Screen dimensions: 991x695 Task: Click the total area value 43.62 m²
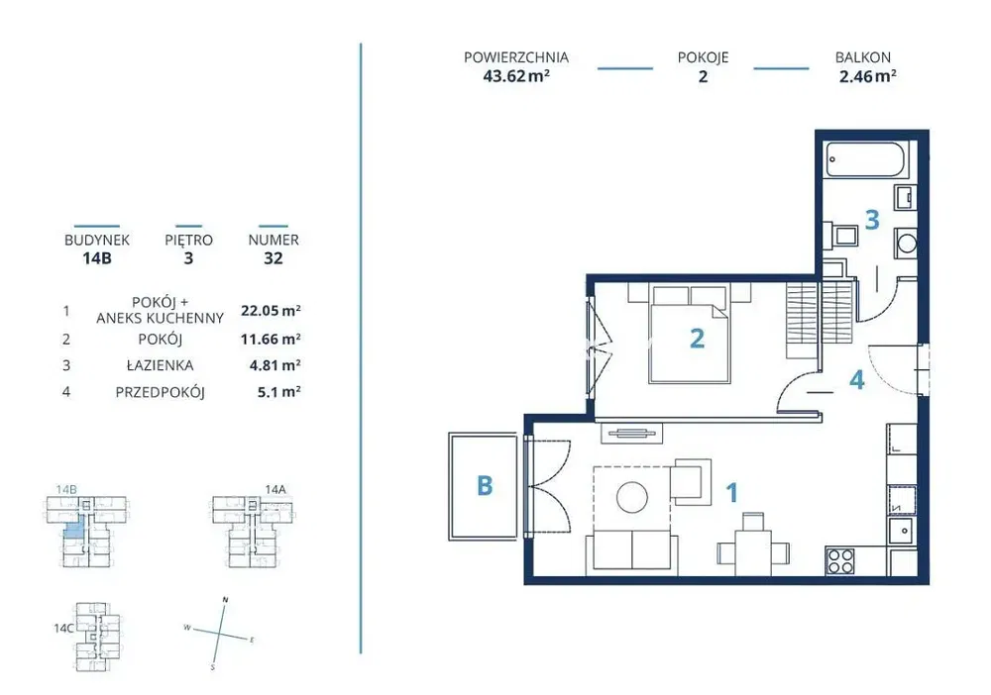tap(515, 76)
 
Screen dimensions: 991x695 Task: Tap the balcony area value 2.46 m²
tap(867, 76)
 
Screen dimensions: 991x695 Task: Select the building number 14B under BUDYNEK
tap(97, 258)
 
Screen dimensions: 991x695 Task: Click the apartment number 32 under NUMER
tap(274, 258)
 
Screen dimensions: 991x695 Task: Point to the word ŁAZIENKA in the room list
tap(160, 365)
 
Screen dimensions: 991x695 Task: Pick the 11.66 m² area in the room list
tap(271, 339)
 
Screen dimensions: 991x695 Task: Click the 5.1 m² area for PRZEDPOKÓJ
tap(278, 392)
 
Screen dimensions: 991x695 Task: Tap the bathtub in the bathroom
tap(868, 159)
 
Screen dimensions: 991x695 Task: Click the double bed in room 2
tap(690, 334)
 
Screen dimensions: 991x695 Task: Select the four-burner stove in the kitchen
tap(840, 560)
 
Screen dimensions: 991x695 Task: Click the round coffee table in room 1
tap(632, 497)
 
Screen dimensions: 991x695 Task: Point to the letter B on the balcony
tap(485, 486)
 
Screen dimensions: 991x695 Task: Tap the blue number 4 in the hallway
tap(857, 379)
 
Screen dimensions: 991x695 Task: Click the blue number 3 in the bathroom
tap(872, 220)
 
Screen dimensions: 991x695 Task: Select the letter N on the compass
tap(226, 600)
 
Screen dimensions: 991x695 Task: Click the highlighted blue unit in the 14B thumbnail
tap(74, 529)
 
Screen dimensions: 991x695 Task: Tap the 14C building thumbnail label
tap(63, 628)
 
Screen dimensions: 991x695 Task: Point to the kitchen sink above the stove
tap(903, 532)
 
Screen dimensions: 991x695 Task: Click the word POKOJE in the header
tap(703, 57)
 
